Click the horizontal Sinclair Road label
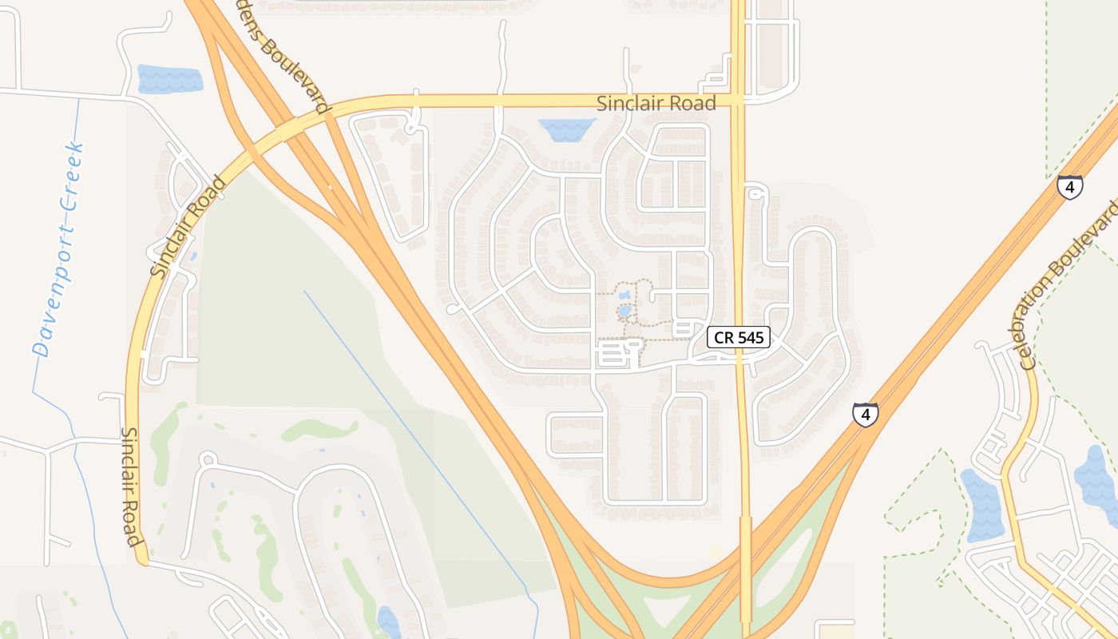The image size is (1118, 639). pos(656,103)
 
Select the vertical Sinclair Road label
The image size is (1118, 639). pos(132,486)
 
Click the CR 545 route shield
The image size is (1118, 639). pos(739,338)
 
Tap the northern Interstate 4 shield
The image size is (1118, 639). pos(1069,187)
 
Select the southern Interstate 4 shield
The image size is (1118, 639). pos(865,414)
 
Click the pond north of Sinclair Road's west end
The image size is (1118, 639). pos(170,78)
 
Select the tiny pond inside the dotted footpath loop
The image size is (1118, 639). pos(624,310)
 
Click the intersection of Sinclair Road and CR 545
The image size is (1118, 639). pos(739,101)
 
